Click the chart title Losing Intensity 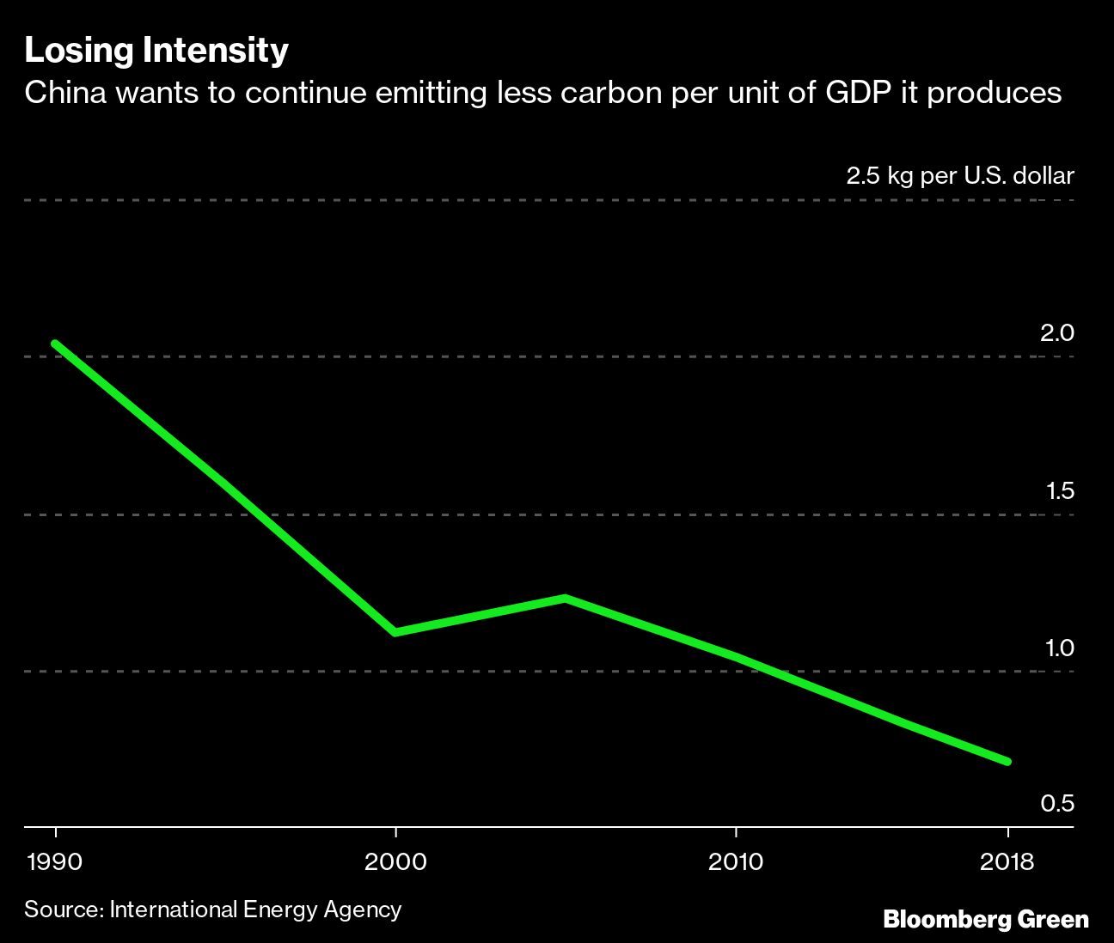[x=156, y=51]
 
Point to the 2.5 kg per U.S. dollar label [x=960, y=176]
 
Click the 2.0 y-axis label [x=1056, y=333]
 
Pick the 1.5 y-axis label [x=1059, y=490]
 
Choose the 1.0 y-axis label [x=1059, y=648]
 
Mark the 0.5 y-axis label [x=1057, y=804]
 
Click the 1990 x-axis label [x=55, y=861]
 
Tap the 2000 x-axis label [x=395, y=861]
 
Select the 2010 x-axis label [x=736, y=861]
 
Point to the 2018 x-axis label [x=1007, y=861]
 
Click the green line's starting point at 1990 [x=55, y=344]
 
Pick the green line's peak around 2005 [x=565, y=598]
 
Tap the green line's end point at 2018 [x=1007, y=761]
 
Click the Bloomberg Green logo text [x=986, y=920]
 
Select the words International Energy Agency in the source [x=255, y=910]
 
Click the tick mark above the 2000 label [x=395, y=832]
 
